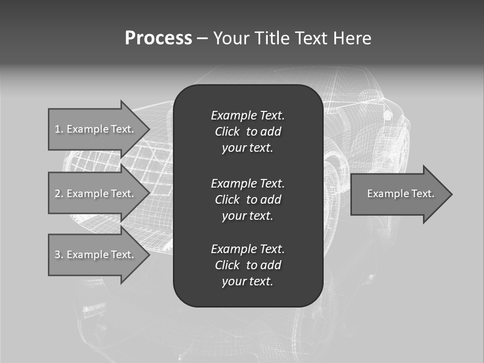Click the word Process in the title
pyautogui.click(x=158, y=38)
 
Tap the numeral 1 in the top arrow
pyautogui.click(x=57, y=129)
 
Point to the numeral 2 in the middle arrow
pyautogui.click(x=57, y=194)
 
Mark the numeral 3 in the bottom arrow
pyautogui.click(x=57, y=255)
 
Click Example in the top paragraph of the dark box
pyautogui.click(x=233, y=115)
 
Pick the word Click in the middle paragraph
pyautogui.click(x=227, y=200)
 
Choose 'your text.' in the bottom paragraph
pyautogui.click(x=248, y=282)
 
